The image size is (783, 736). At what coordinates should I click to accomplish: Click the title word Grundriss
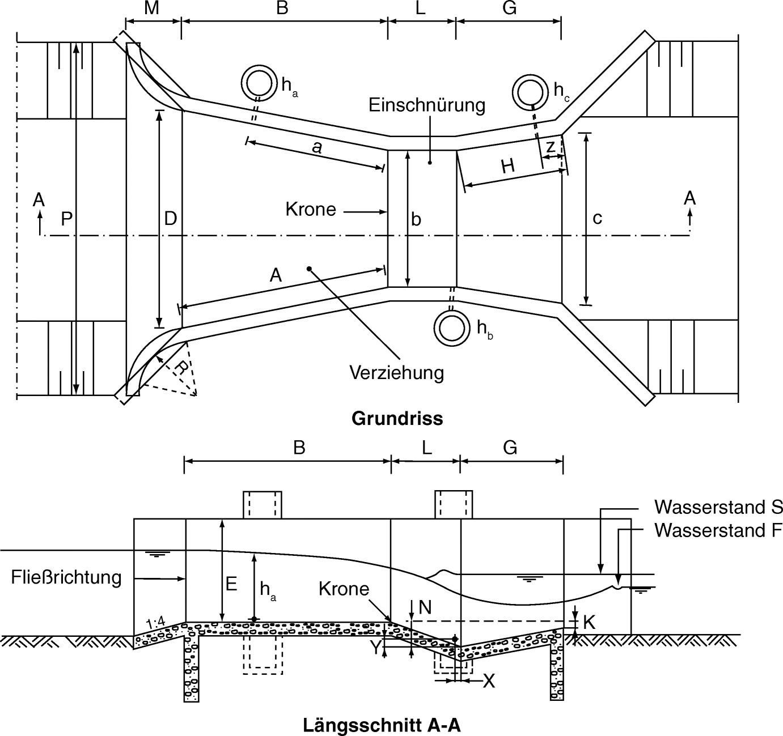coord(397,419)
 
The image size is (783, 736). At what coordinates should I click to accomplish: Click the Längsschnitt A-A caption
coord(382,725)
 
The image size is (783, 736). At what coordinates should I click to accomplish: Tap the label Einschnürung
coord(427,105)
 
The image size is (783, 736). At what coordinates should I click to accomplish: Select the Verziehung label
coord(396,373)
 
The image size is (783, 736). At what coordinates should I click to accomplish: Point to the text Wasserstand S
coord(718,507)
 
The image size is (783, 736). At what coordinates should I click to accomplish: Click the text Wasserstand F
coord(718,530)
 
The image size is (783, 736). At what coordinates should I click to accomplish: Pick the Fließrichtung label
coord(66,577)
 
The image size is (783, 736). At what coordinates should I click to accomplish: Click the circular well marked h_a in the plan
coord(259,82)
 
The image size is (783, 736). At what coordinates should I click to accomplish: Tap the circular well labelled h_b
coord(452,328)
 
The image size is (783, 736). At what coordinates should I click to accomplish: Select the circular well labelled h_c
coord(530,91)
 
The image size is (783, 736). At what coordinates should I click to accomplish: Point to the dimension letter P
coord(66,219)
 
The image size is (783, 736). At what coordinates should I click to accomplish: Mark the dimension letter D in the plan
coord(171,219)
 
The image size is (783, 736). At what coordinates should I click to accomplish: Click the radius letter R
coord(180,368)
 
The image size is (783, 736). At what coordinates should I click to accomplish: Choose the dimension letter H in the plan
coord(507,167)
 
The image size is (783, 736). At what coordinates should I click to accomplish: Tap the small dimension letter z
coord(550,146)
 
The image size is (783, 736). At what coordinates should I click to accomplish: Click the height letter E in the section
coord(231,584)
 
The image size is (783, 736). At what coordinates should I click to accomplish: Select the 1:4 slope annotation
coord(155,624)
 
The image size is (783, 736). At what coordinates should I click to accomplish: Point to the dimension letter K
coord(589,622)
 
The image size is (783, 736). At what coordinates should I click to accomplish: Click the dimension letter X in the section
coord(488,681)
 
